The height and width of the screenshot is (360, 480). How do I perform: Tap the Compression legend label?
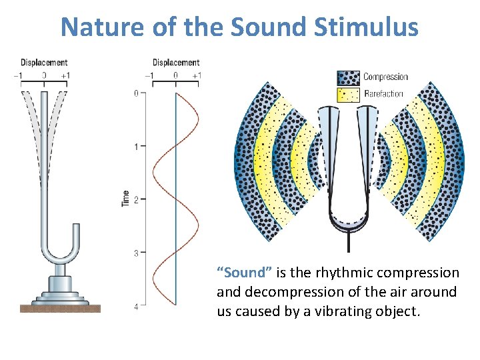coord(385,77)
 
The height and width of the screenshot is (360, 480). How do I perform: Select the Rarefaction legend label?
coord(383,94)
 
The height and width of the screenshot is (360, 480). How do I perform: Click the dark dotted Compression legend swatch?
coord(349,77)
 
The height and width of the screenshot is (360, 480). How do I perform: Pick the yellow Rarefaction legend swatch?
coord(349,94)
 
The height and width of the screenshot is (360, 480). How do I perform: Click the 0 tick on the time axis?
coord(135,93)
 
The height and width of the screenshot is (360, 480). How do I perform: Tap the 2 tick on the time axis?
coord(135,199)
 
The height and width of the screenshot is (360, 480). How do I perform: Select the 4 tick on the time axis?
coord(135,306)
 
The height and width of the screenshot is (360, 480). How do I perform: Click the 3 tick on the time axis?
coord(135,253)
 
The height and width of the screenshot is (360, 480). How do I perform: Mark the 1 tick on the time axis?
coord(135,146)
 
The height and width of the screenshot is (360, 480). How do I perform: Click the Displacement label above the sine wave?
coord(176,63)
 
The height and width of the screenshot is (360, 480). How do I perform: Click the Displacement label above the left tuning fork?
coord(44,63)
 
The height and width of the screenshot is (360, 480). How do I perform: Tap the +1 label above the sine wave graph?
coord(197,75)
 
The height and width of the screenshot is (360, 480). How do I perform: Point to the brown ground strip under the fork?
coord(60,308)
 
